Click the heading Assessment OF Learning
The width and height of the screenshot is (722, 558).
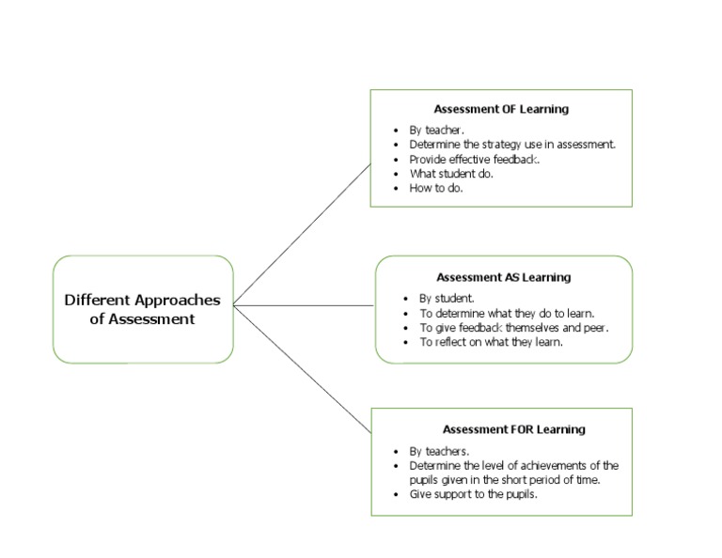click(x=501, y=109)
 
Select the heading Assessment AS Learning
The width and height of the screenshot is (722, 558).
click(x=504, y=277)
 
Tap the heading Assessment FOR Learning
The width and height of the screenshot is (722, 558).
click(x=513, y=429)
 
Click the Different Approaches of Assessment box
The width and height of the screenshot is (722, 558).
click(x=143, y=309)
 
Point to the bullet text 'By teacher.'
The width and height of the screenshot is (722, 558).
click(x=436, y=131)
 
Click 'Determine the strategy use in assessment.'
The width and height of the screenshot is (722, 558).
click(x=512, y=145)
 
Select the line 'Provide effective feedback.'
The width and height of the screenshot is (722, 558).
click(x=475, y=159)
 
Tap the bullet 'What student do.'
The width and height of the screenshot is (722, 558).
click(x=451, y=173)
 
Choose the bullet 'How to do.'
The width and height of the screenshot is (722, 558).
click(x=436, y=187)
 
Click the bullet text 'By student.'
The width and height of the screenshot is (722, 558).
click(x=447, y=299)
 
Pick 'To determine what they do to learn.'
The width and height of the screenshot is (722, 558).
click(x=507, y=313)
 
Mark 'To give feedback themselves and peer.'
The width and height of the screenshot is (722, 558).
click(x=514, y=327)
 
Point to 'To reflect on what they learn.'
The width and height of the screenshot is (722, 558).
click(x=491, y=342)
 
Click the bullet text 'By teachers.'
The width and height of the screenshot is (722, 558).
click(x=439, y=451)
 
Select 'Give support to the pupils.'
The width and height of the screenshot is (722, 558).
click(x=473, y=494)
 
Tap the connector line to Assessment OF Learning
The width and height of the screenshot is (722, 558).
click(x=301, y=235)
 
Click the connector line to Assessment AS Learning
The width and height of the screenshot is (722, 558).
click(x=303, y=305)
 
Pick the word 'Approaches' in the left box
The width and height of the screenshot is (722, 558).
click(x=176, y=301)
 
